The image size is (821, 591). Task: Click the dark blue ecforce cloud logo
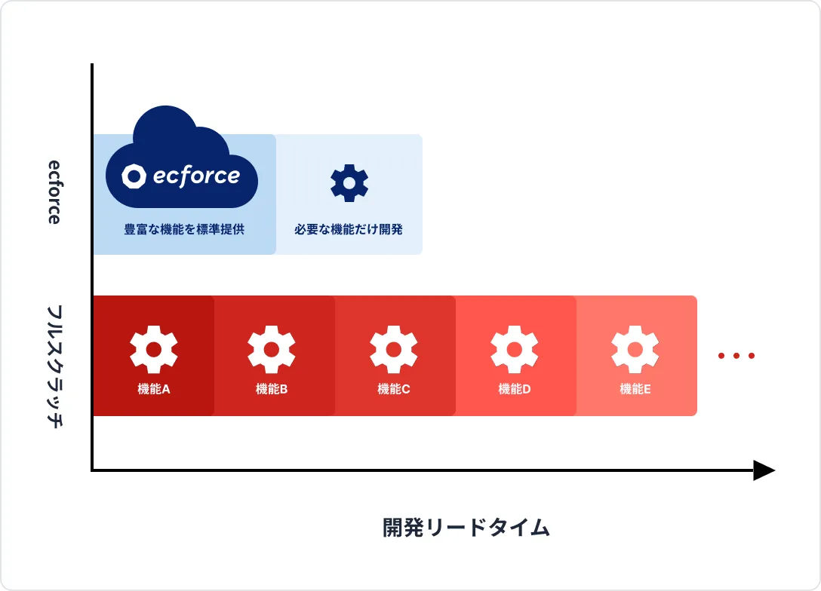[182, 162]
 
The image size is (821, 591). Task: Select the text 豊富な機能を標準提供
[184, 229]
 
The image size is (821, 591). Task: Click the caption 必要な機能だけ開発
[349, 229]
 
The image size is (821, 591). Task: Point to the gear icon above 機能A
[154, 350]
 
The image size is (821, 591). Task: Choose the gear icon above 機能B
[272, 350]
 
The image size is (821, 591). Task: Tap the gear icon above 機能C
[394, 350]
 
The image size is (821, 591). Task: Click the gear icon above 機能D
[515, 350]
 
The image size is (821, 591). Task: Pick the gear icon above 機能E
[635, 350]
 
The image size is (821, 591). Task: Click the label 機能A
[154, 389]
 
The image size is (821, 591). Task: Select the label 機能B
[272, 389]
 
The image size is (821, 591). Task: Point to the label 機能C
[394, 389]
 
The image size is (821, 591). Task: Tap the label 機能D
[515, 389]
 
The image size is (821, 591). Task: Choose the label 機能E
[635, 389]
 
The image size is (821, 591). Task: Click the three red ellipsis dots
[736, 356]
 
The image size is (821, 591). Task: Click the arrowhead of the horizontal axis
[764, 471]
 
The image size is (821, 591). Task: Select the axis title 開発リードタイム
[466, 528]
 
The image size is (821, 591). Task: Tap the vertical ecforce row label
[54, 191]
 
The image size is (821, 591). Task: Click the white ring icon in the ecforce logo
[134, 176]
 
